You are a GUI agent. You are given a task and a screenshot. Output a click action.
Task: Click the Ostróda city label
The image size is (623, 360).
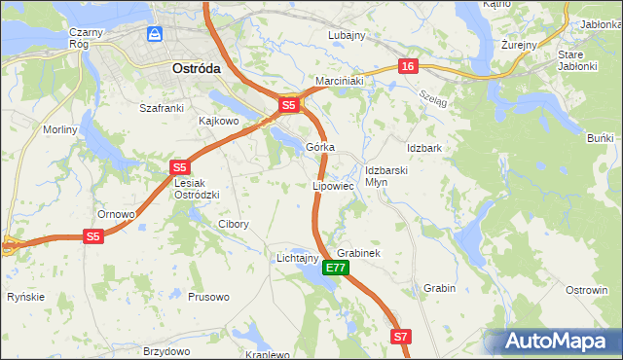pyautogui.click(x=196, y=70)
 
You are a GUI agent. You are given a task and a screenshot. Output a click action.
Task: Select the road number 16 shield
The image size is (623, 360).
pyautogui.click(x=407, y=66)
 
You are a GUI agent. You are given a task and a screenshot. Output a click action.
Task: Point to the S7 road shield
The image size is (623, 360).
pyautogui.click(x=401, y=337)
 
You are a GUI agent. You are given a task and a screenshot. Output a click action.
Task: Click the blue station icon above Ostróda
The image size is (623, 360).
pyautogui.click(x=155, y=34)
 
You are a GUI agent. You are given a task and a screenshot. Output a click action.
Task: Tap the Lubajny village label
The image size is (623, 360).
pyautogui.click(x=347, y=35)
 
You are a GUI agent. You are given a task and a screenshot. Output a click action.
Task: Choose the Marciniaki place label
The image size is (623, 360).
pyautogui.click(x=339, y=82)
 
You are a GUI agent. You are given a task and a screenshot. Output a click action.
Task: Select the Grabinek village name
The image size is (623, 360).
pyautogui.click(x=357, y=253)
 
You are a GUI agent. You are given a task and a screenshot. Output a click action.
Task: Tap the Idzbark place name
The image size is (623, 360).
pyautogui.click(x=425, y=148)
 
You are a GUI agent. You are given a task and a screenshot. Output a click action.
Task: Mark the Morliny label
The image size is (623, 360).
pyautogui.click(x=60, y=129)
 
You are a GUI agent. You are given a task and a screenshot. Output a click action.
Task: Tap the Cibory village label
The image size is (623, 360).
pyautogui.click(x=233, y=224)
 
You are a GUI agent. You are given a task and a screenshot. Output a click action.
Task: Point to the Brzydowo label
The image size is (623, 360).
pyautogui.click(x=165, y=350)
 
